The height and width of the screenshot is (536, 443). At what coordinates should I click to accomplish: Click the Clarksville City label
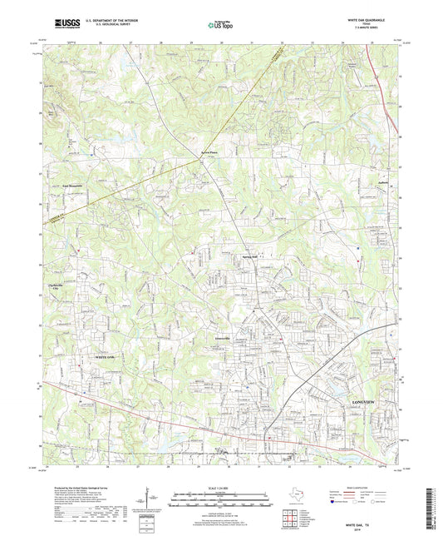point(75,289)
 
